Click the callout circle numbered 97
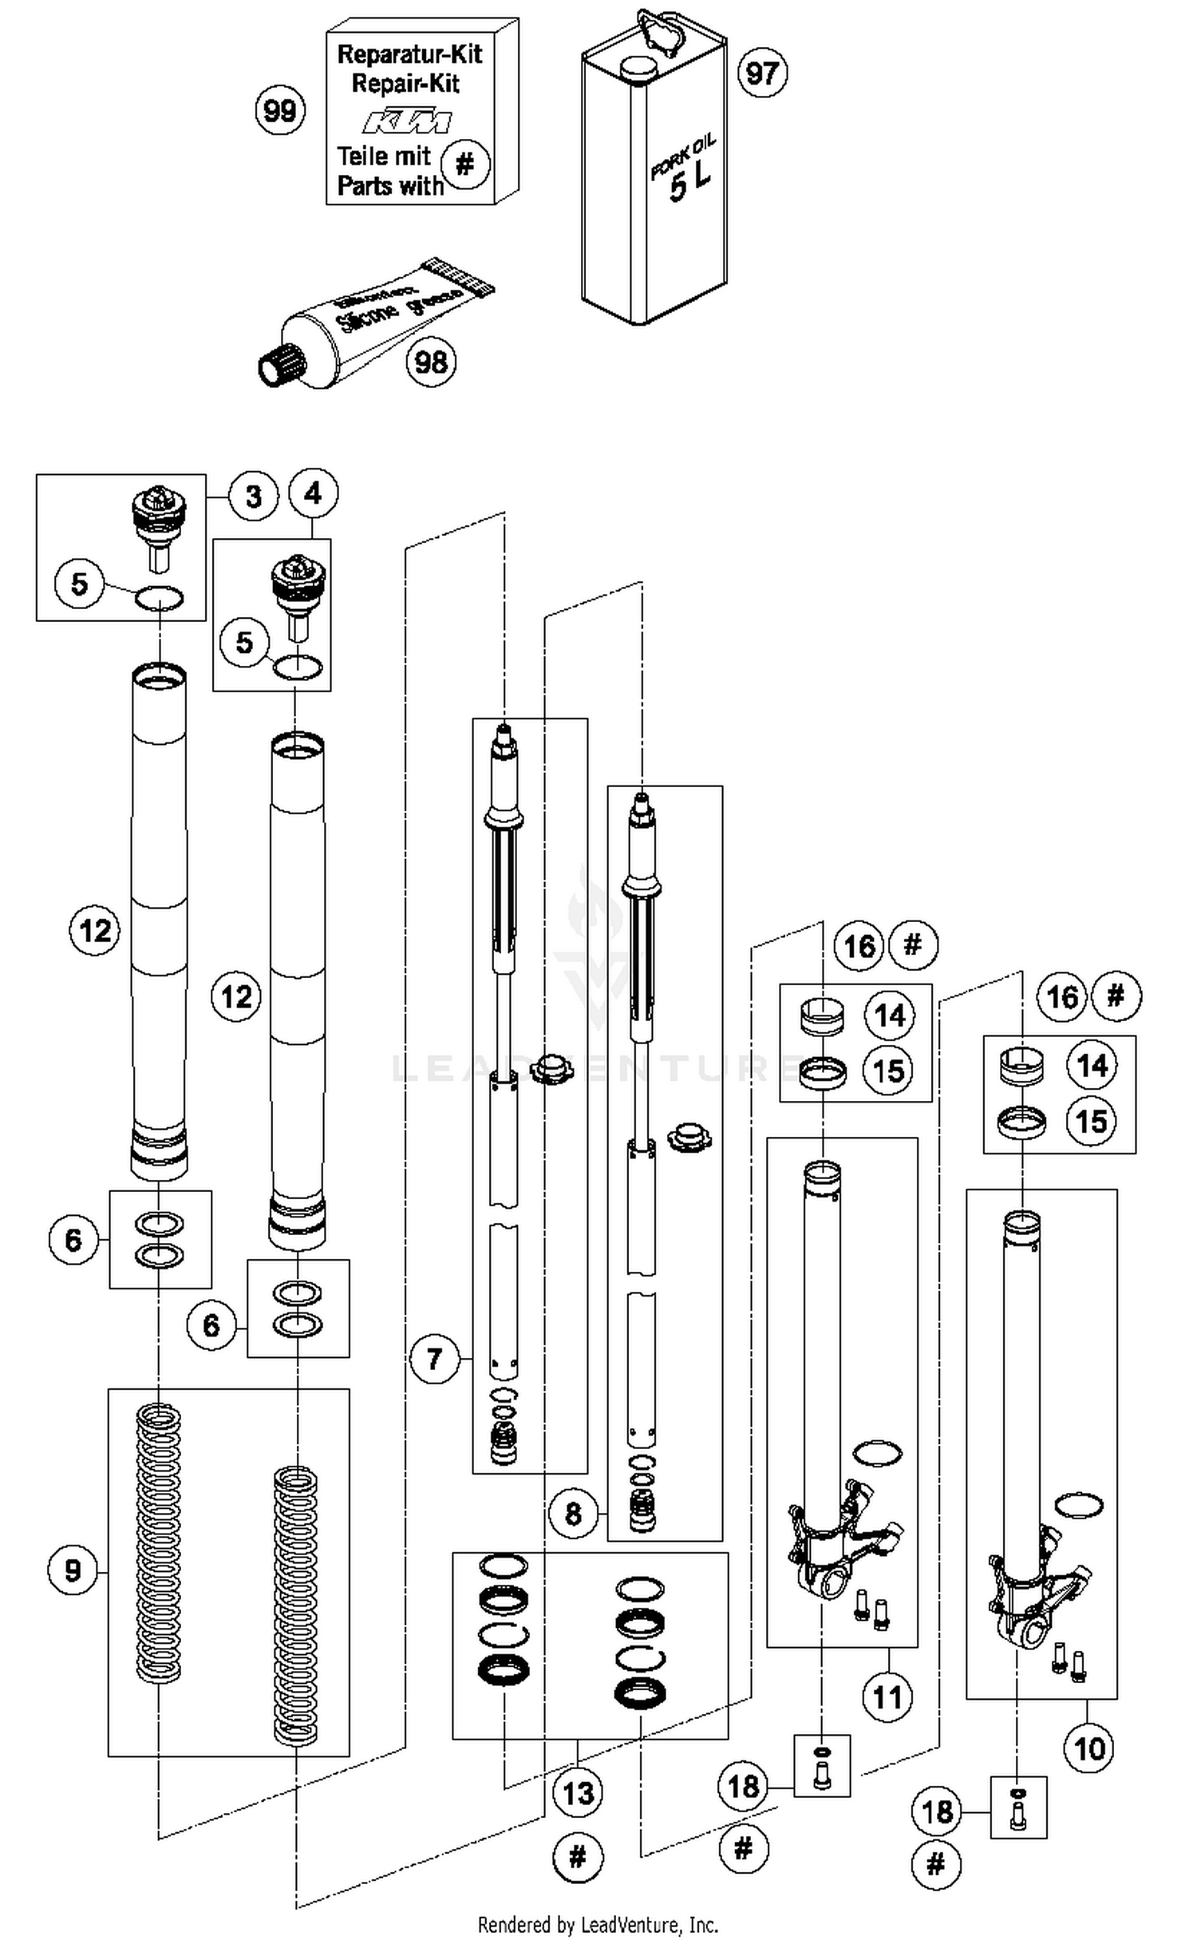click(x=762, y=73)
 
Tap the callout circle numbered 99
click(x=280, y=110)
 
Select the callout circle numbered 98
click(x=431, y=362)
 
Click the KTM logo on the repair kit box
click(x=407, y=122)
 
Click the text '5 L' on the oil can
click(x=689, y=184)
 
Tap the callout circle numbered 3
click(x=253, y=497)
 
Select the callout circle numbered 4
click(x=313, y=493)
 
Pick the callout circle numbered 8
click(x=572, y=1514)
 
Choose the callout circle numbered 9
click(x=73, y=1571)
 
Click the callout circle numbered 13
click(x=578, y=1793)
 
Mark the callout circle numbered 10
click(x=1088, y=1749)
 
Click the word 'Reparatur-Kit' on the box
click(x=409, y=54)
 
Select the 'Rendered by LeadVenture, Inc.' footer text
click(x=598, y=1925)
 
